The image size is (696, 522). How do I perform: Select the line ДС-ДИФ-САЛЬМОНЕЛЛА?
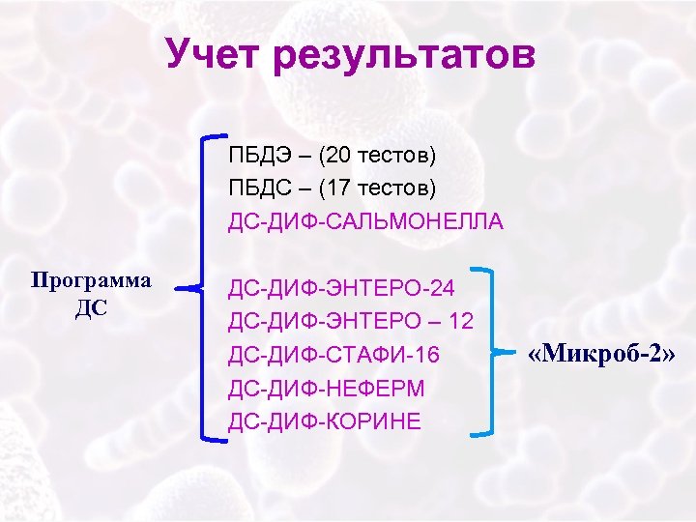[366, 221]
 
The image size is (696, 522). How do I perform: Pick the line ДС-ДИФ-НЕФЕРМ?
[327, 389]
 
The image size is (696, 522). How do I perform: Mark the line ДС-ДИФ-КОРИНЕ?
[325, 422]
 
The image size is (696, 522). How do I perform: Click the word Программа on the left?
[91, 280]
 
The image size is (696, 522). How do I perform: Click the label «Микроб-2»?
[600, 355]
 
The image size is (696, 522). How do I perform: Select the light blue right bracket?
[498, 348]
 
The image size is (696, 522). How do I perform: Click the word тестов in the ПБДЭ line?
[396, 154]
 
